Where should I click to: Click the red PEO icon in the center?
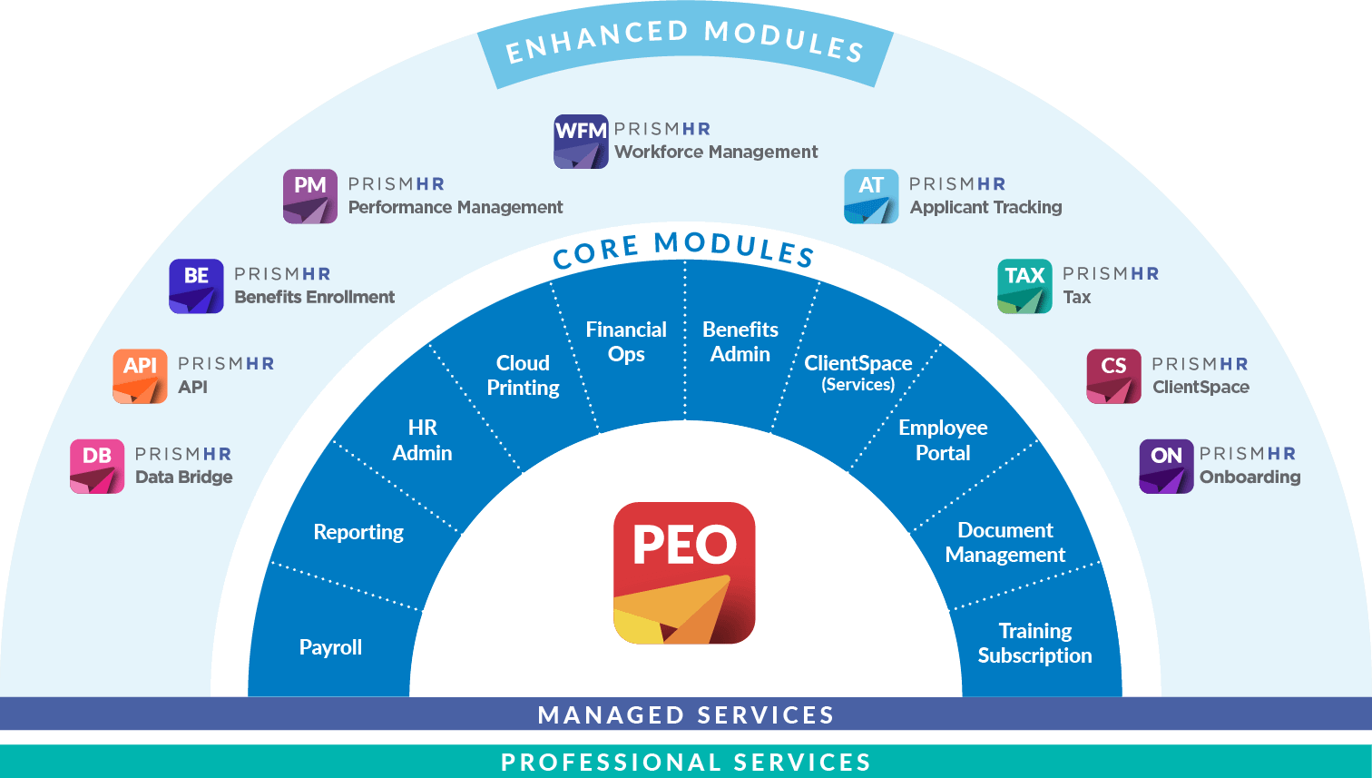pos(684,573)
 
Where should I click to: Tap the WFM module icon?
pos(581,142)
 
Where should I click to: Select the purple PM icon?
pos(309,196)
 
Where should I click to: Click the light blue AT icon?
pos(871,196)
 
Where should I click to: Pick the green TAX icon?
pos(1024,286)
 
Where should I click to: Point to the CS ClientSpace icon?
pos(1113,376)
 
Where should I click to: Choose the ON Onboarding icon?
pos(1166,466)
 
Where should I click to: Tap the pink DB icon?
pos(97,466)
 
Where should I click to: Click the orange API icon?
pos(140,376)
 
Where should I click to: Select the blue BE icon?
pos(196,286)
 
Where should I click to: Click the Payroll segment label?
pos(330,647)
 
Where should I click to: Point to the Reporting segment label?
pos(358,532)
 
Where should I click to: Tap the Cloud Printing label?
pos(523,375)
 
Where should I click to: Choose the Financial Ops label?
pos(626,341)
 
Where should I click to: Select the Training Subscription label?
pos(1034,643)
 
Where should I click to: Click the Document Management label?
pos(1005,542)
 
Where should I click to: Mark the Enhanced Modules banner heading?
pos(684,42)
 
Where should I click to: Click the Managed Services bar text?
pos(686,714)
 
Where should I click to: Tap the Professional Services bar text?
pos(686,762)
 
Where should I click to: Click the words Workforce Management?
pos(716,152)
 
